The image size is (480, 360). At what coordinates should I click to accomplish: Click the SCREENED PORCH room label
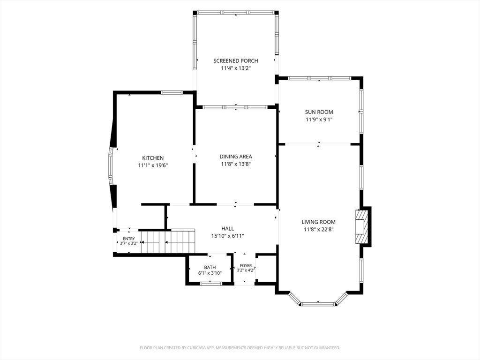[x=236, y=60]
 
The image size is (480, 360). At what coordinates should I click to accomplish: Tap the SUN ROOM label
[x=319, y=112]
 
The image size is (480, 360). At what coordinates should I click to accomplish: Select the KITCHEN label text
[x=153, y=158]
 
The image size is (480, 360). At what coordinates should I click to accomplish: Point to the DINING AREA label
[x=236, y=157]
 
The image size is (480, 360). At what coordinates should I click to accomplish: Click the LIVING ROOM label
[x=318, y=222]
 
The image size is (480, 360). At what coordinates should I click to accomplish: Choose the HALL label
[x=227, y=228]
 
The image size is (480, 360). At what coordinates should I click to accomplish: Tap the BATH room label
[x=210, y=267]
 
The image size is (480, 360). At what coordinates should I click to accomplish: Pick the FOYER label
[x=246, y=265]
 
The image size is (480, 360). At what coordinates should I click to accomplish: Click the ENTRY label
[x=129, y=239]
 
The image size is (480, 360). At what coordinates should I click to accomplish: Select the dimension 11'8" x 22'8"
[x=318, y=229]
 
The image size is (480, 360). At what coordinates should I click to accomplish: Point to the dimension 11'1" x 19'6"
[x=153, y=165]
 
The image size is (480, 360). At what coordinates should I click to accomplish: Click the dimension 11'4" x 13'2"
[x=236, y=68]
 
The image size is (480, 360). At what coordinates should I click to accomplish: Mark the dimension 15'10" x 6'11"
[x=227, y=236]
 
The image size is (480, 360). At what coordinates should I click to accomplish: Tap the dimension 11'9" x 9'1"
[x=319, y=120]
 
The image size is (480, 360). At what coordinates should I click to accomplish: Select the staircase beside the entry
[x=168, y=241]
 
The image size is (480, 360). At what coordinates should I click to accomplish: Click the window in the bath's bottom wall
[x=211, y=284]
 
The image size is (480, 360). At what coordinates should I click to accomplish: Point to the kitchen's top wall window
[x=172, y=92]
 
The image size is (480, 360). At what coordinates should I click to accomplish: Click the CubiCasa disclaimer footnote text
[x=240, y=348]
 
